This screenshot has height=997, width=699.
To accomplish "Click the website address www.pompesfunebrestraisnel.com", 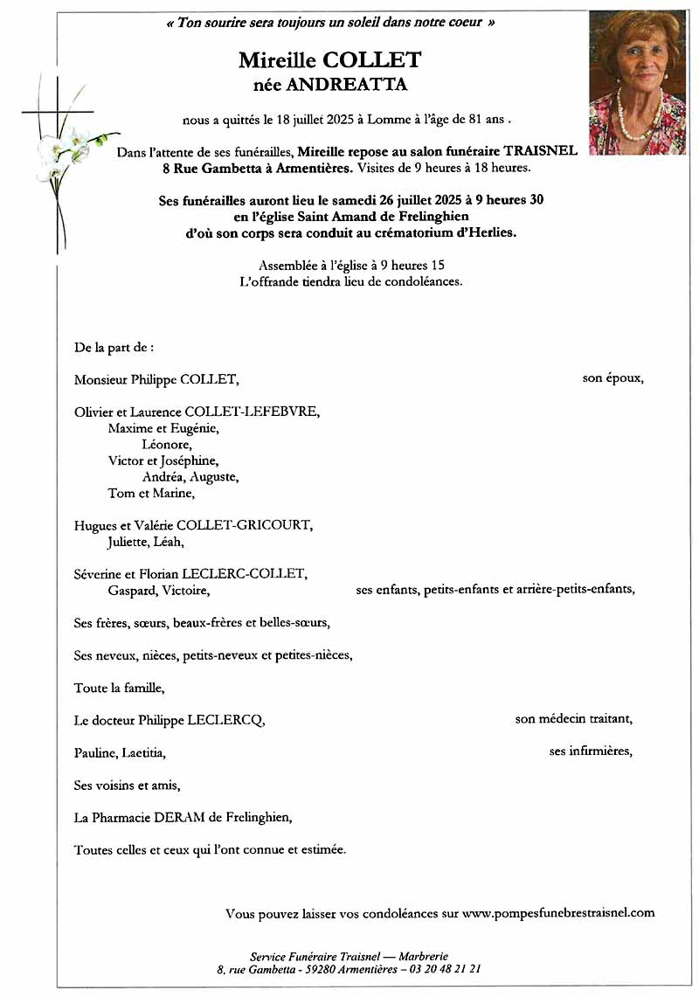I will (558, 913).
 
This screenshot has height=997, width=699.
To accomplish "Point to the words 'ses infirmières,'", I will (591, 751).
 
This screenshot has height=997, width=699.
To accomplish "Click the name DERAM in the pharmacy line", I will (183, 818).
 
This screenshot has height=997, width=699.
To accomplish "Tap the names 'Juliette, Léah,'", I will (146, 542).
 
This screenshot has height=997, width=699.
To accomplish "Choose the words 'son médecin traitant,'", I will (574, 719).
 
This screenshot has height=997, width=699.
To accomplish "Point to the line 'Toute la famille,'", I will (119, 688).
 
